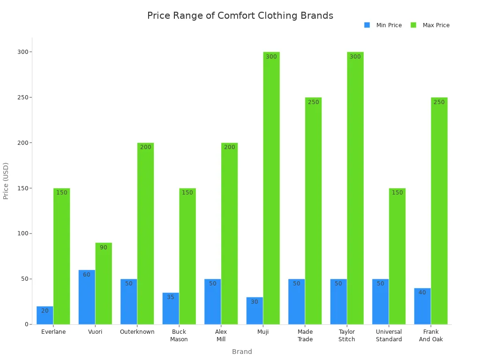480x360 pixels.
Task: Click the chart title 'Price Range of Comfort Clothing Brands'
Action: pyautogui.click(x=240, y=15)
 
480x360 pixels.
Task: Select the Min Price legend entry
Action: pyautogui.click(x=382, y=25)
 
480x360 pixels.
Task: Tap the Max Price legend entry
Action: pyautogui.click(x=430, y=25)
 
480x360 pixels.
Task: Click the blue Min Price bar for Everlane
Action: pyautogui.click(x=45, y=315)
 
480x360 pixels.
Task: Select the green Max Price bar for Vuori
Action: pyautogui.click(x=104, y=284)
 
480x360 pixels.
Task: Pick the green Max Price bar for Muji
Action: pyautogui.click(x=271, y=188)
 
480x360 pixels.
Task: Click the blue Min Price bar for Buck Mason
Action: pyautogui.click(x=171, y=308)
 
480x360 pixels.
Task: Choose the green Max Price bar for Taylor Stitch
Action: pyautogui.click(x=355, y=188)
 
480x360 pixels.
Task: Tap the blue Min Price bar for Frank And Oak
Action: pyautogui.click(x=422, y=306)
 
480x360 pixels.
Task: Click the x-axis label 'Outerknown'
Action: pyautogui.click(x=137, y=332)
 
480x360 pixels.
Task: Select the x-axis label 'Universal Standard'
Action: pyautogui.click(x=389, y=336)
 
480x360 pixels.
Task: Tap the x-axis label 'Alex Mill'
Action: pyautogui.click(x=221, y=336)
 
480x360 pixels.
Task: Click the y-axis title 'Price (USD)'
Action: pyautogui.click(x=6, y=181)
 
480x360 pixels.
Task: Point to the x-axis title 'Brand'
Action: pyautogui.click(x=242, y=352)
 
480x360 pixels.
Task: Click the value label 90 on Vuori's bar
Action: pyautogui.click(x=104, y=247)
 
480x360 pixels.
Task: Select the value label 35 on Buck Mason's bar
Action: pyautogui.click(x=171, y=297)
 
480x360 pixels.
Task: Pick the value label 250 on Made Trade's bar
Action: pyautogui.click(x=313, y=102)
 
